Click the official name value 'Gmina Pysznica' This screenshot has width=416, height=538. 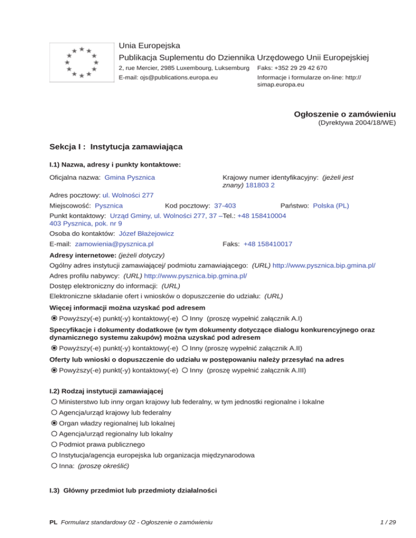coord(130,178)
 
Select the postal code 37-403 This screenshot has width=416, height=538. coord(225,206)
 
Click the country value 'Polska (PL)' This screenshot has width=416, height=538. coord(331,206)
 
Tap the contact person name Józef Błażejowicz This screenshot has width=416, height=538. coord(147,234)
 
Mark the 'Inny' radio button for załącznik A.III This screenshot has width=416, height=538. coord(185,371)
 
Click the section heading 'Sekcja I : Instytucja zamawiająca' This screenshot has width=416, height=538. coord(115,147)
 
